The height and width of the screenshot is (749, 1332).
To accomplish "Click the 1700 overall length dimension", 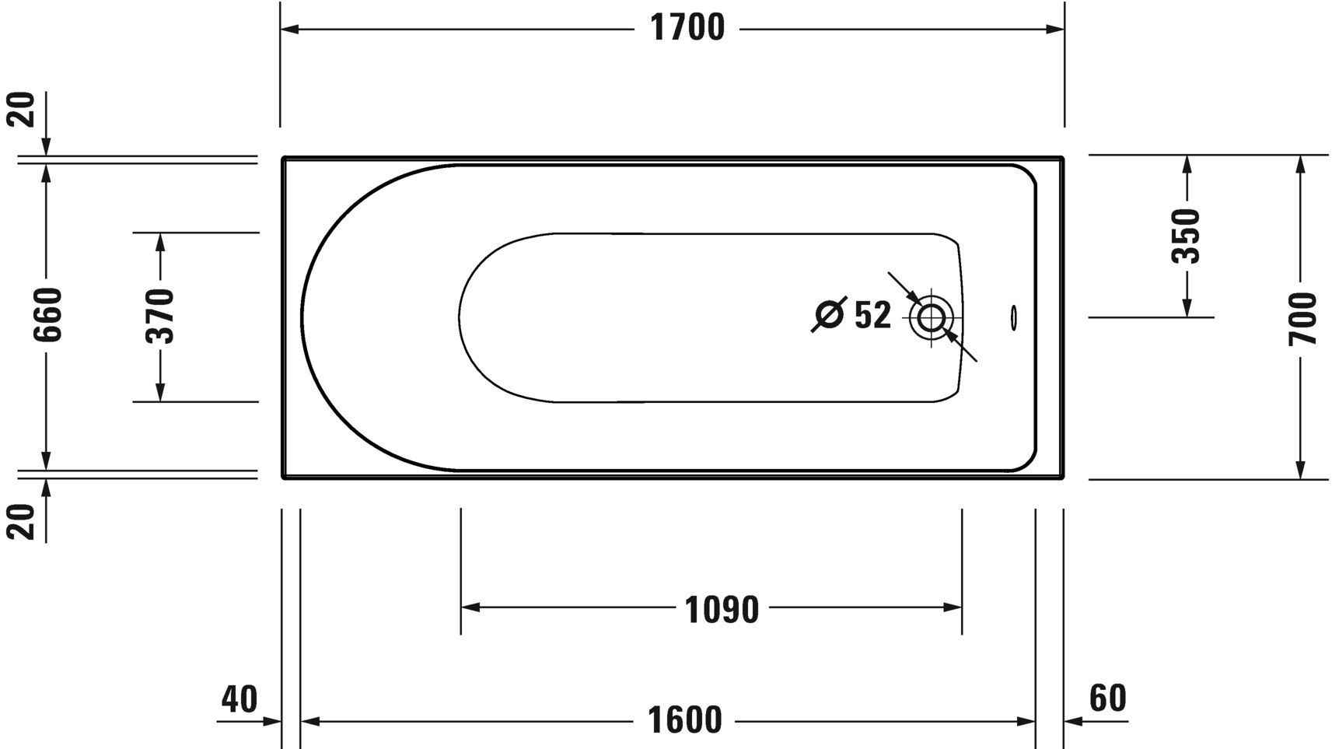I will pyautogui.click(x=687, y=29).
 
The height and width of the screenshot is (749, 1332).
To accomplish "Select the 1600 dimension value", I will pyautogui.click(x=684, y=720).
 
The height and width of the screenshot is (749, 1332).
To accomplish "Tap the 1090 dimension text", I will pyautogui.click(x=721, y=610).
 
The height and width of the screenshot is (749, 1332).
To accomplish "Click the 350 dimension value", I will pyautogui.click(x=1187, y=236).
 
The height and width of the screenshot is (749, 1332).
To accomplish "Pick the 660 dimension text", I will pyautogui.click(x=48, y=314).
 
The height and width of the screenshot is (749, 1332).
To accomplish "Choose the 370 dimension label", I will pyautogui.click(x=161, y=315).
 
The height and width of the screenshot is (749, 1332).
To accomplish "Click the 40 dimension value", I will pyautogui.click(x=239, y=698).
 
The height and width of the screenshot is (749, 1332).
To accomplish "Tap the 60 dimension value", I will pyautogui.click(x=1107, y=698).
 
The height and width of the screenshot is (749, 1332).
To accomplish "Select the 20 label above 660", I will pyautogui.click(x=23, y=109).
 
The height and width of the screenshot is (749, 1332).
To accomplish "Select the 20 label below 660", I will pyautogui.click(x=23, y=521).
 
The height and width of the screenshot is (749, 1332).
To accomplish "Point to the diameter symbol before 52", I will pyautogui.click(x=830, y=314).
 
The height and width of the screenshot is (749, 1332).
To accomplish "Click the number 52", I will pyautogui.click(x=872, y=315).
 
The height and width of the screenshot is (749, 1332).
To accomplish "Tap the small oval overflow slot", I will pyautogui.click(x=1013, y=317).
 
